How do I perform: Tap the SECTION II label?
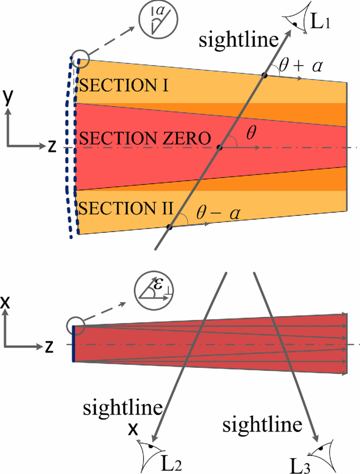[x=125, y=209]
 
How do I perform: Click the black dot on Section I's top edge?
[x=264, y=75]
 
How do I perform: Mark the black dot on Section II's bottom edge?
[x=169, y=226]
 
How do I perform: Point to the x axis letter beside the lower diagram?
[x=7, y=303]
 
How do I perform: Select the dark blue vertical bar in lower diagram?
[x=74, y=343]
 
